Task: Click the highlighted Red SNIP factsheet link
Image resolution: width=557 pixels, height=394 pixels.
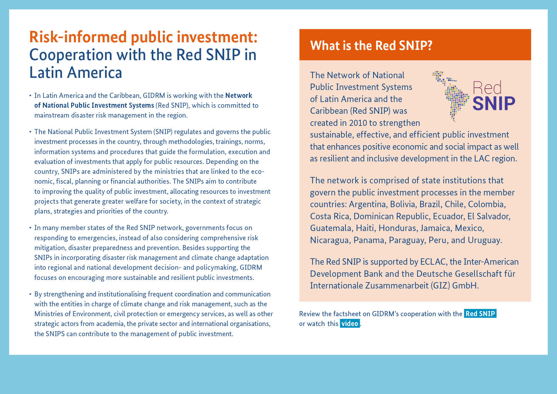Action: point(480,314)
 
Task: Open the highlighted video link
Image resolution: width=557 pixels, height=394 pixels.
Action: point(350,323)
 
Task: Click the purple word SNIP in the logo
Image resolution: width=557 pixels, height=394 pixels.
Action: point(494,103)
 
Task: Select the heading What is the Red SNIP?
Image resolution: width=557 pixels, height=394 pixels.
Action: point(371,45)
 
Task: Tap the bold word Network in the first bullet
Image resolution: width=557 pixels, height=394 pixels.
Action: point(239,95)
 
